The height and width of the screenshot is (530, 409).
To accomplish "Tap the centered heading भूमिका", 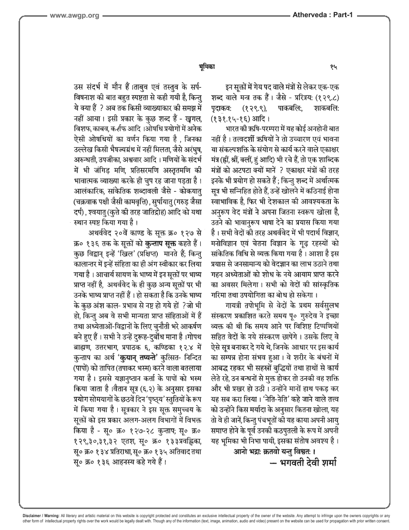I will click(206, 67).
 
